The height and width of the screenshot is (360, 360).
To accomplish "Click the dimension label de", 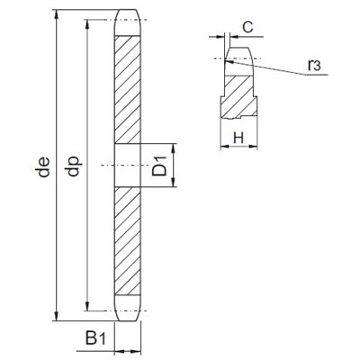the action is click(x=43, y=166).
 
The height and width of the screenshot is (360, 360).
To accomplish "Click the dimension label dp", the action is click(x=74, y=166).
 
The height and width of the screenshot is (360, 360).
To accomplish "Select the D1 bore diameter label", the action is click(x=159, y=166).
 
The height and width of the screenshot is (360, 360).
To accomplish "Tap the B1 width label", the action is click(x=95, y=337).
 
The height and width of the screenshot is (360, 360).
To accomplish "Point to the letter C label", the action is click(x=247, y=28).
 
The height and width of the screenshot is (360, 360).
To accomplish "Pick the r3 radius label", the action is click(x=314, y=65).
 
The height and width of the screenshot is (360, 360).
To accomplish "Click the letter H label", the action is click(x=238, y=139).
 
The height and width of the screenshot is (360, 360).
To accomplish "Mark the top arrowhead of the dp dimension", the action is click(x=87, y=25).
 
